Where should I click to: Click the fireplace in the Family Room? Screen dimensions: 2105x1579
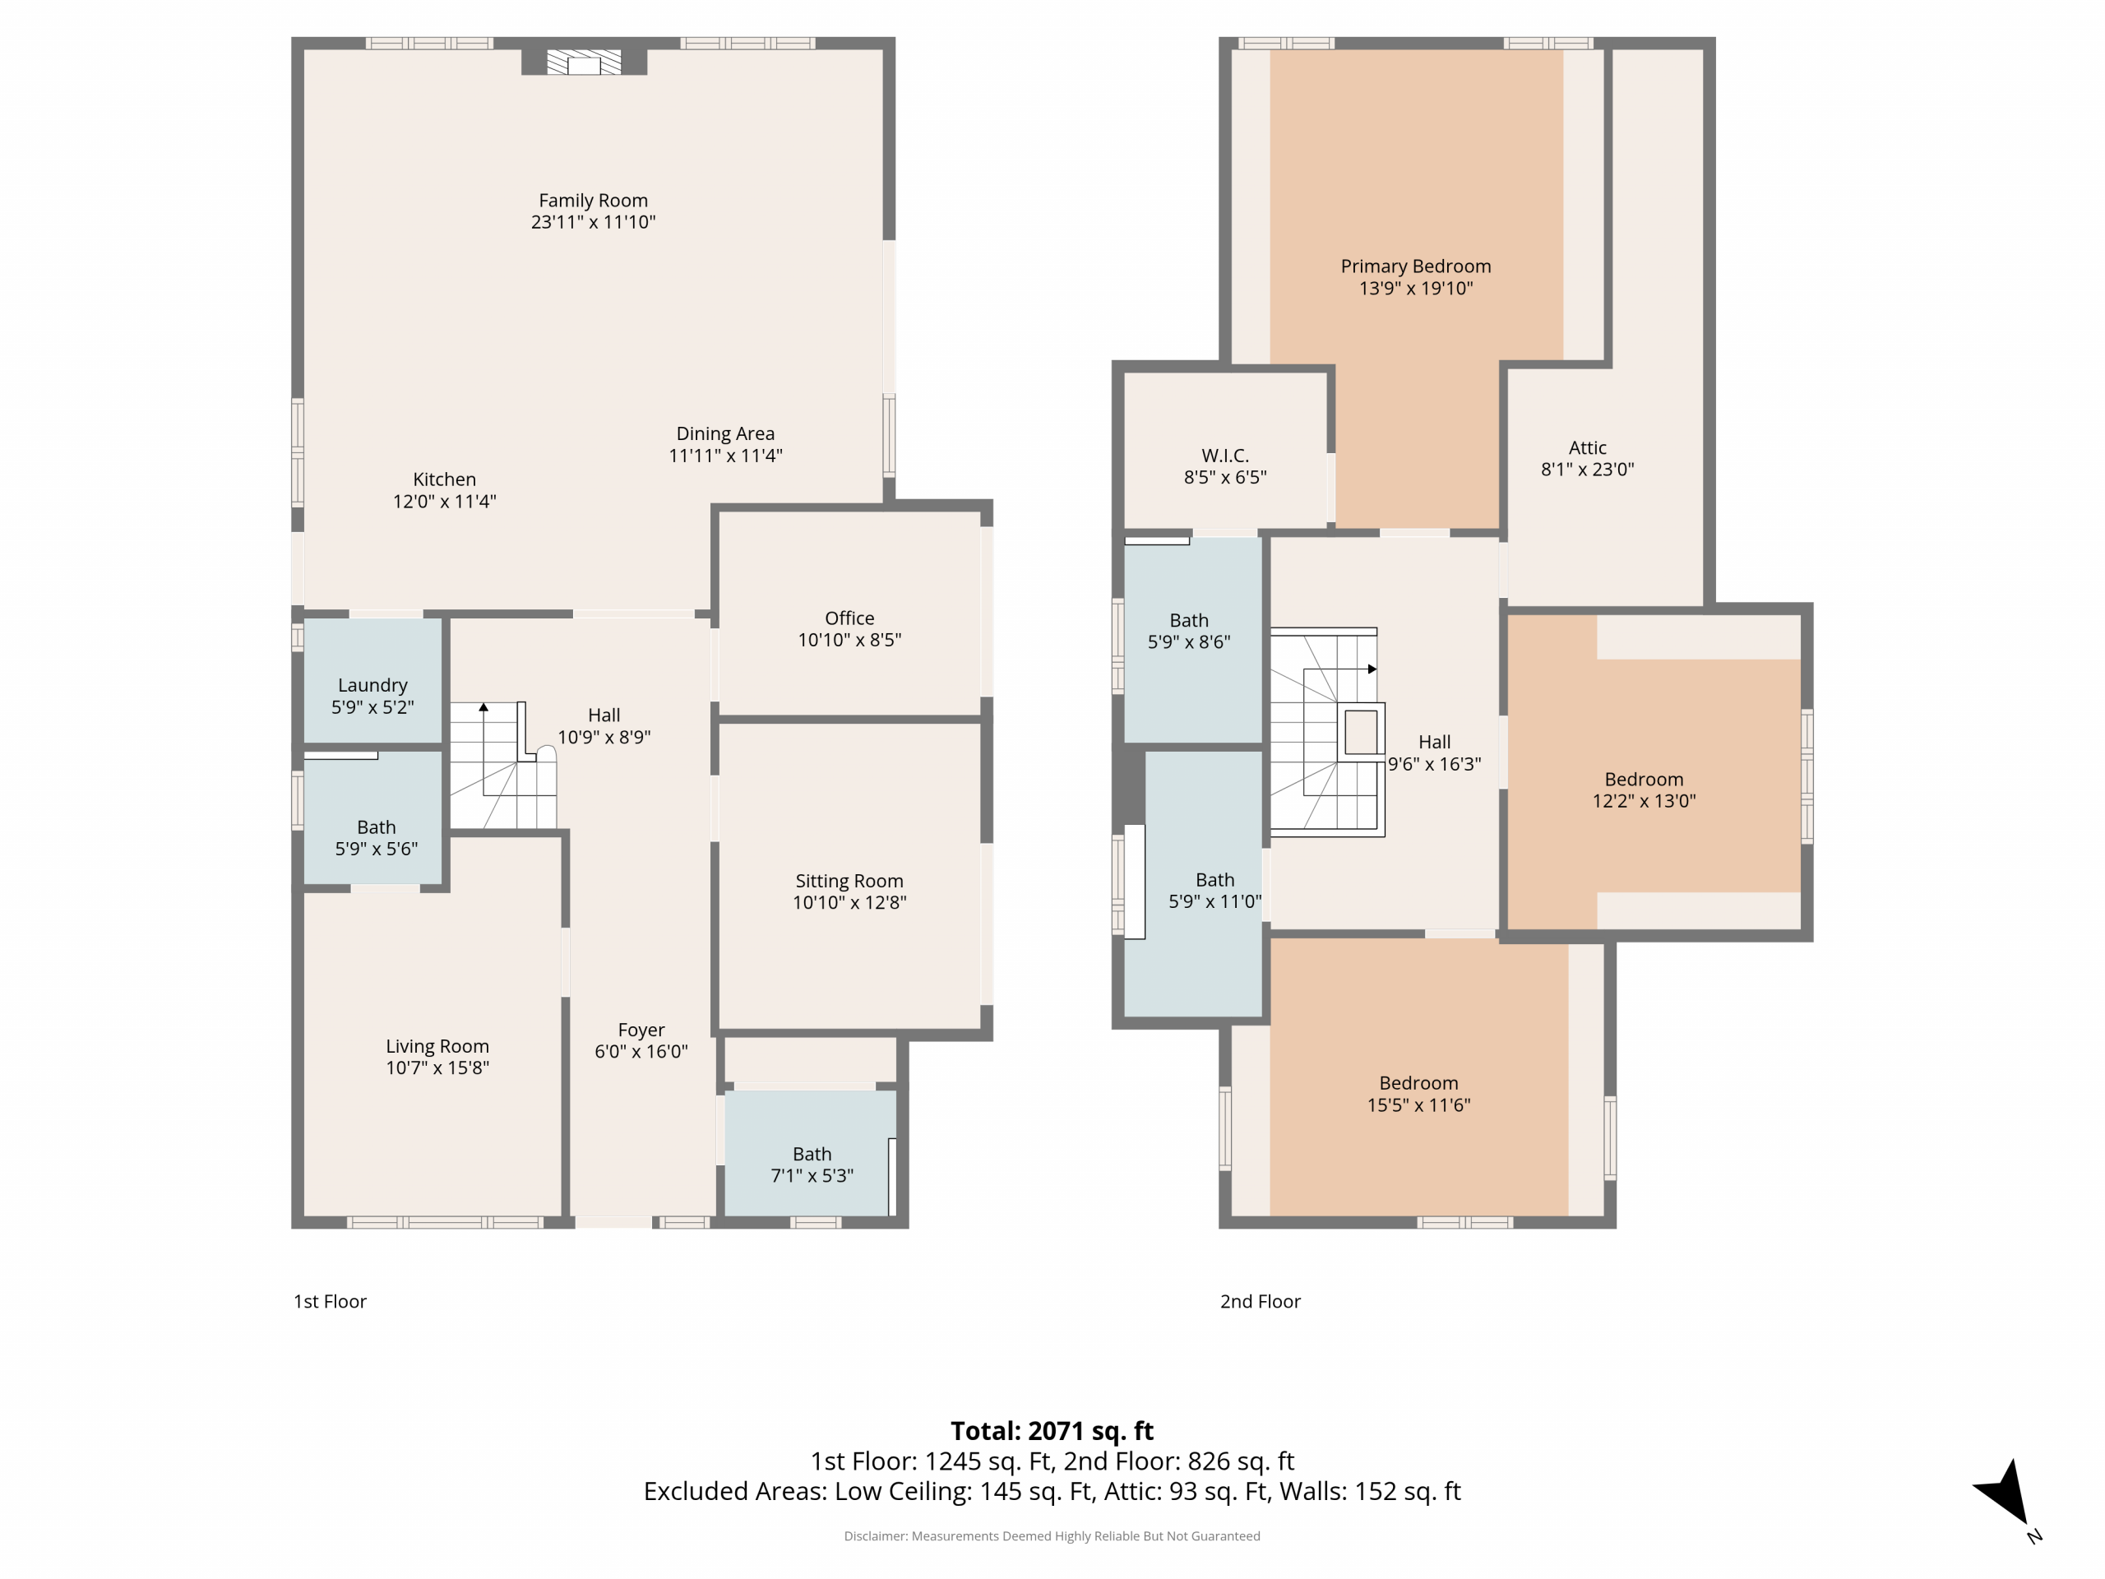click(583, 63)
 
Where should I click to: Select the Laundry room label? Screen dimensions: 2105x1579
click(372, 685)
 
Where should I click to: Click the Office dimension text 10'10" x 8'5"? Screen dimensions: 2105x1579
click(849, 640)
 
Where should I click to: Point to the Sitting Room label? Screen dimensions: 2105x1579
click(849, 882)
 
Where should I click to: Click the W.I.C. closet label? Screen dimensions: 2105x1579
click(1224, 456)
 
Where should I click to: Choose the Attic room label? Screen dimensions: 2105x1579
click(1587, 447)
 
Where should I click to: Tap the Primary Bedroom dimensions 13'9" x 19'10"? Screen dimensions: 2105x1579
click(1416, 289)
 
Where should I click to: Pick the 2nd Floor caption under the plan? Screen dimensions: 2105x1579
click(1260, 1301)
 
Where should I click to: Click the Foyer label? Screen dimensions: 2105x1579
click(641, 1030)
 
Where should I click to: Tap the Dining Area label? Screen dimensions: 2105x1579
click(725, 434)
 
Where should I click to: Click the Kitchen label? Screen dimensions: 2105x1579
click(444, 479)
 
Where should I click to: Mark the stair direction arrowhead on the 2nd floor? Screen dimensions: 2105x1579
click(1372, 669)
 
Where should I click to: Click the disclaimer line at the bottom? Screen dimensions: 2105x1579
click(1052, 1536)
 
